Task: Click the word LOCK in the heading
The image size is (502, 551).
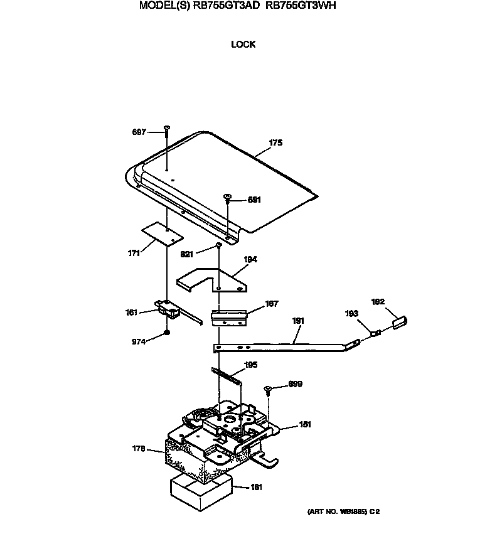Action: coord(243,45)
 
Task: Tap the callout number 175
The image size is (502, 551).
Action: coord(275,143)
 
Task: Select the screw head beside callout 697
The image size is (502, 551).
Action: coord(167,128)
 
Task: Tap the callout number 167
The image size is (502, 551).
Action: coord(271,304)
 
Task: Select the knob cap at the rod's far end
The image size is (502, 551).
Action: coord(399,321)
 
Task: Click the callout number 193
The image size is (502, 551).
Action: coord(351,314)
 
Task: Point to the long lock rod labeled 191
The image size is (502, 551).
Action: coord(289,343)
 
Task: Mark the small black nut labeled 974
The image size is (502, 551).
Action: coord(167,332)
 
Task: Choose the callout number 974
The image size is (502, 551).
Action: coord(139,342)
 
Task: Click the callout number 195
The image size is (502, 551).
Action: coord(249,365)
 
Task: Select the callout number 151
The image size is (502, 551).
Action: coord(305,424)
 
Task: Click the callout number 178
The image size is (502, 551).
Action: coord(139,449)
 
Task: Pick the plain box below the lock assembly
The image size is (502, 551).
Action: coord(200,491)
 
